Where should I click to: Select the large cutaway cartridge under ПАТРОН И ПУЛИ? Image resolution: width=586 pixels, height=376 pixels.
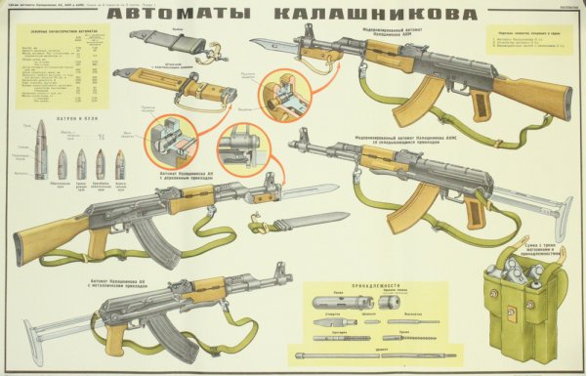pos(40,150)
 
